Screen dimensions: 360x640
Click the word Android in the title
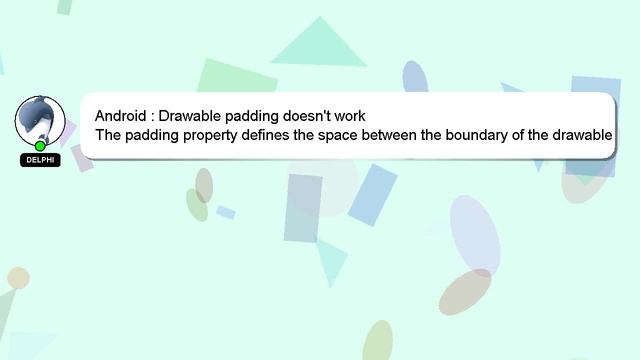121,116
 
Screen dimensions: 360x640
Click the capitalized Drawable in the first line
193,116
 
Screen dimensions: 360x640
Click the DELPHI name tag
40,160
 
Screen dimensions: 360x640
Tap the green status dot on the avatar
40,146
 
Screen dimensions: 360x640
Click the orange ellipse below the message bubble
466,291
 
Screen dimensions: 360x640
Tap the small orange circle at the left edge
17,278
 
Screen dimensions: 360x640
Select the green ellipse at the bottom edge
377,342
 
